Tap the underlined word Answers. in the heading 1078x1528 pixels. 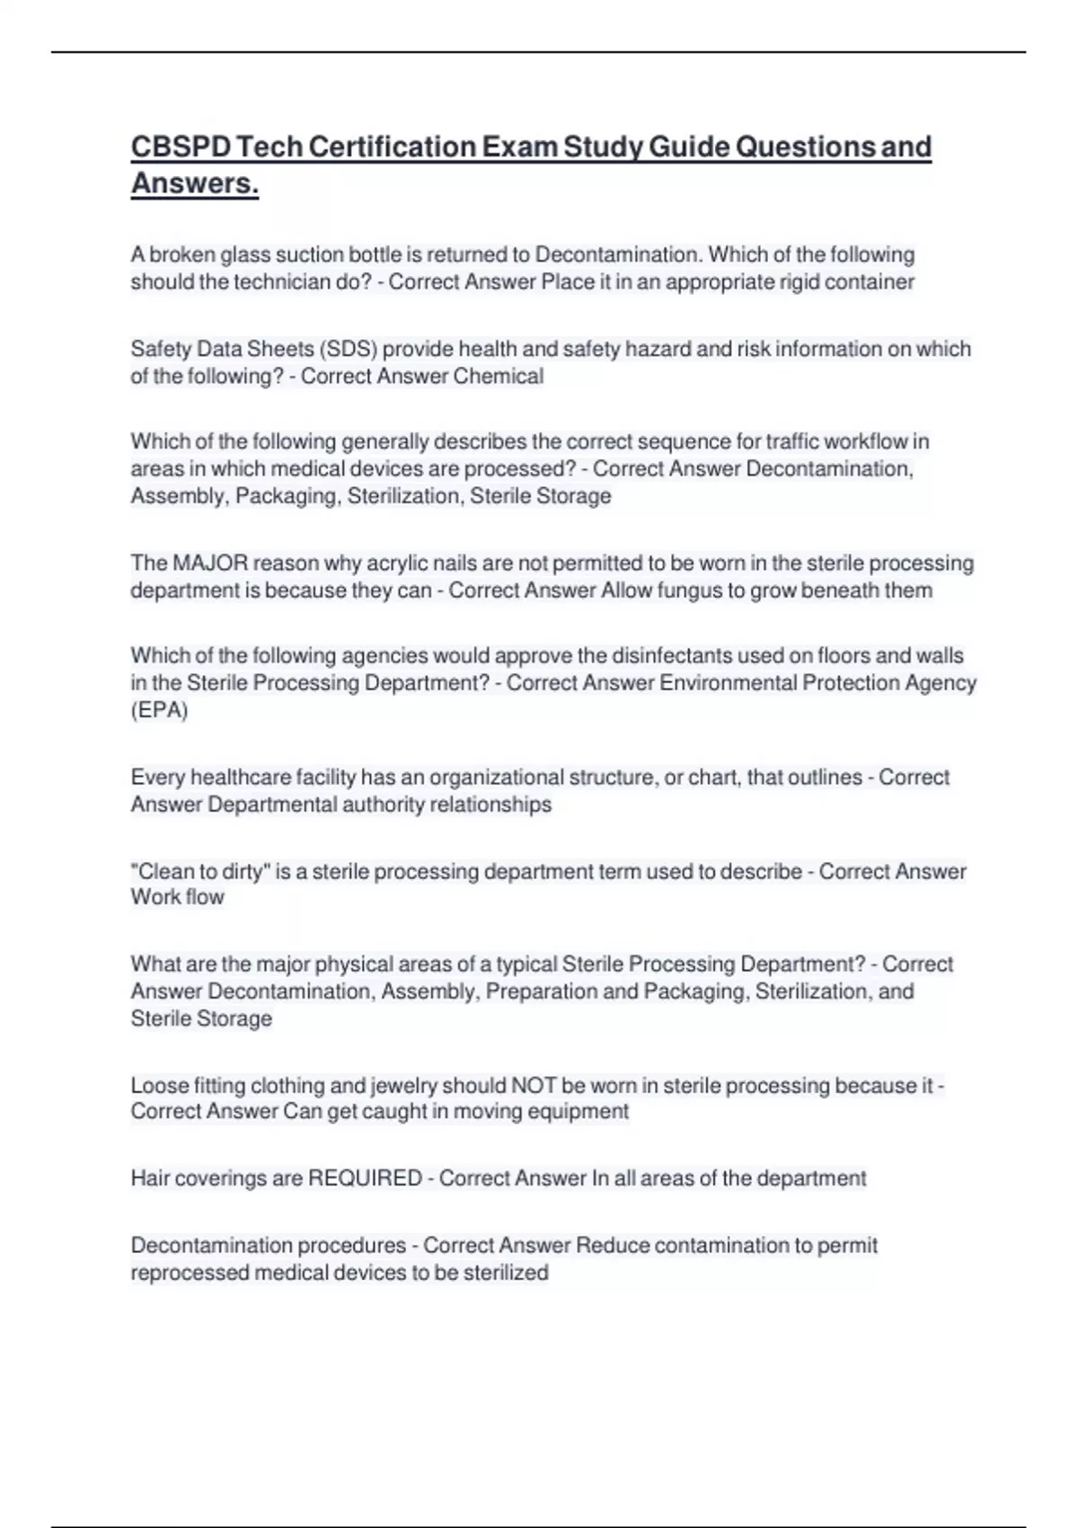(x=194, y=183)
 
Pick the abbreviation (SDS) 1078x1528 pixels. (x=347, y=349)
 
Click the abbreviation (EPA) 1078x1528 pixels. (x=159, y=710)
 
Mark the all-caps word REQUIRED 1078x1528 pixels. (x=365, y=1178)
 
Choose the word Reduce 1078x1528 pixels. (x=612, y=1246)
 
